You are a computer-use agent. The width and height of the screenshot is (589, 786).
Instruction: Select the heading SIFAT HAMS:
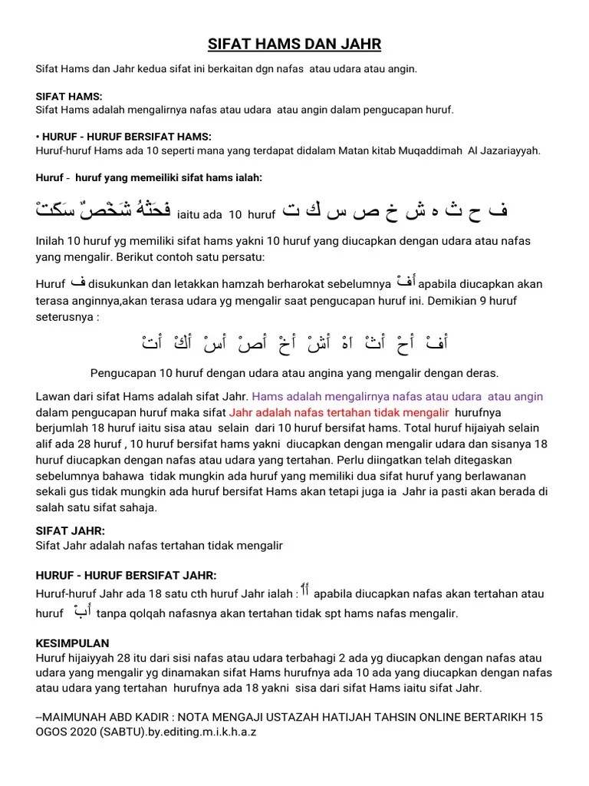[x=64, y=97]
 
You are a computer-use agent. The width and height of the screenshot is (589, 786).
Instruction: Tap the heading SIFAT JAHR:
[x=71, y=531]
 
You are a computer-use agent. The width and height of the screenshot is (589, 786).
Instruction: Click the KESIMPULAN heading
[x=73, y=643]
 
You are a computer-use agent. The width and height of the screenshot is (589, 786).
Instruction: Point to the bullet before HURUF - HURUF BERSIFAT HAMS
[x=38, y=137]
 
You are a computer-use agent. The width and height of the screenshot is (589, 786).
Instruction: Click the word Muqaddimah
[x=429, y=150]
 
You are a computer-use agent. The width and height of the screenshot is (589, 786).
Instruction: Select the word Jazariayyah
[x=508, y=150]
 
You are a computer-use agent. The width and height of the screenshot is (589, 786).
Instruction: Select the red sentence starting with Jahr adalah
[x=338, y=412]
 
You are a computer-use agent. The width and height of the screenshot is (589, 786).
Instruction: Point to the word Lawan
[x=53, y=397]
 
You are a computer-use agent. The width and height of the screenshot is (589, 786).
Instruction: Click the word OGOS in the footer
[x=51, y=732]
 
